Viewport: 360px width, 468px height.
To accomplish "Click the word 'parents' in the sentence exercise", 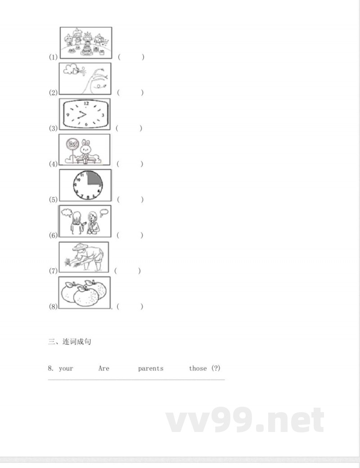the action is [151, 368].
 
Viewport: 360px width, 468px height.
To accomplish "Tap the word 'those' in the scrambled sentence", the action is [198, 368].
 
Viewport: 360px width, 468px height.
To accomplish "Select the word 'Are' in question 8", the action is [104, 368].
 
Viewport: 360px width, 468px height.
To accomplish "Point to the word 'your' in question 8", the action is [66, 369].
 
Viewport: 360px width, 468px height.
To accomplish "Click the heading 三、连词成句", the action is [69, 341].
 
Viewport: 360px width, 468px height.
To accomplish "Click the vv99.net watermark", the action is [245, 420].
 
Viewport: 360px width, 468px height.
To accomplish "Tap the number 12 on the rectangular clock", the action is [86, 104].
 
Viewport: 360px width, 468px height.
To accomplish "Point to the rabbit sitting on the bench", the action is [85, 151].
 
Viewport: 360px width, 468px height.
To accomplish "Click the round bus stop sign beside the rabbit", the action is [72, 145].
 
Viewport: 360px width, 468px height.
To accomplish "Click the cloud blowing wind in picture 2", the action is [71, 69].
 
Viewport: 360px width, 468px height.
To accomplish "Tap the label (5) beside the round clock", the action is [53, 200].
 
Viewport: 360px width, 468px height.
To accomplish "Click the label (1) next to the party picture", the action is [53, 57].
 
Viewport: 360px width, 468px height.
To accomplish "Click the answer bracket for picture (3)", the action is [129, 128].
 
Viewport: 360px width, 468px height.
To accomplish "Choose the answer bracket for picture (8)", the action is [130, 307].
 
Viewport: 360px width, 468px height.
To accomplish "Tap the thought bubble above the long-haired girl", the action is [67, 213].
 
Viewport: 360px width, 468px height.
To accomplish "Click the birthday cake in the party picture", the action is [86, 51].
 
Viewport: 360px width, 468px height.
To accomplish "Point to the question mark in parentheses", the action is [216, 368].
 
